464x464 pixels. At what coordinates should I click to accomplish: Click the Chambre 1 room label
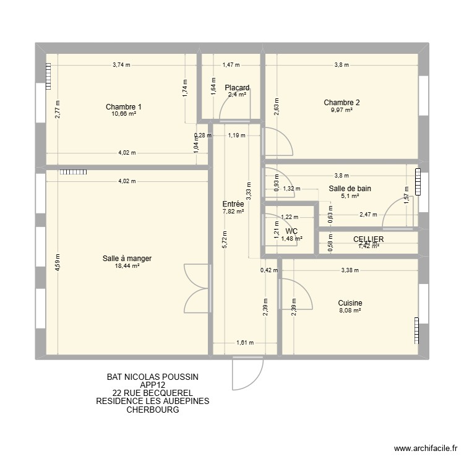point(124,107)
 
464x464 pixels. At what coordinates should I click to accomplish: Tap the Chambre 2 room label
point(341,103)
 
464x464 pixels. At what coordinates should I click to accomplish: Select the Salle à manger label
point(127,258)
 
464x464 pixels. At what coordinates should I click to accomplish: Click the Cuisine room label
point(350,303)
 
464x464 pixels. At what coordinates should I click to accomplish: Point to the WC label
point(292,231)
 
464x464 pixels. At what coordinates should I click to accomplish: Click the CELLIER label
point(369,239)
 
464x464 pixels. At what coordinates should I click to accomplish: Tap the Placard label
point(237,88)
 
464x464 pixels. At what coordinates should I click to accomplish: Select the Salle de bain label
point(350,189)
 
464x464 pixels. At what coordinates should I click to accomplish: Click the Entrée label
point(233,203)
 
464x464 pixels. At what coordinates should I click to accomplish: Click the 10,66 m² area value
point(124,115)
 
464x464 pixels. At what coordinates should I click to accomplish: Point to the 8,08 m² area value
point(350,311)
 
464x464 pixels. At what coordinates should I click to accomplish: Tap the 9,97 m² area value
point(341,111)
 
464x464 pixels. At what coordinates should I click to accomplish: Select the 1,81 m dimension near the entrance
point(244,343)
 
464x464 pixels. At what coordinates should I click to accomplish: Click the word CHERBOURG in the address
point(152,410)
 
